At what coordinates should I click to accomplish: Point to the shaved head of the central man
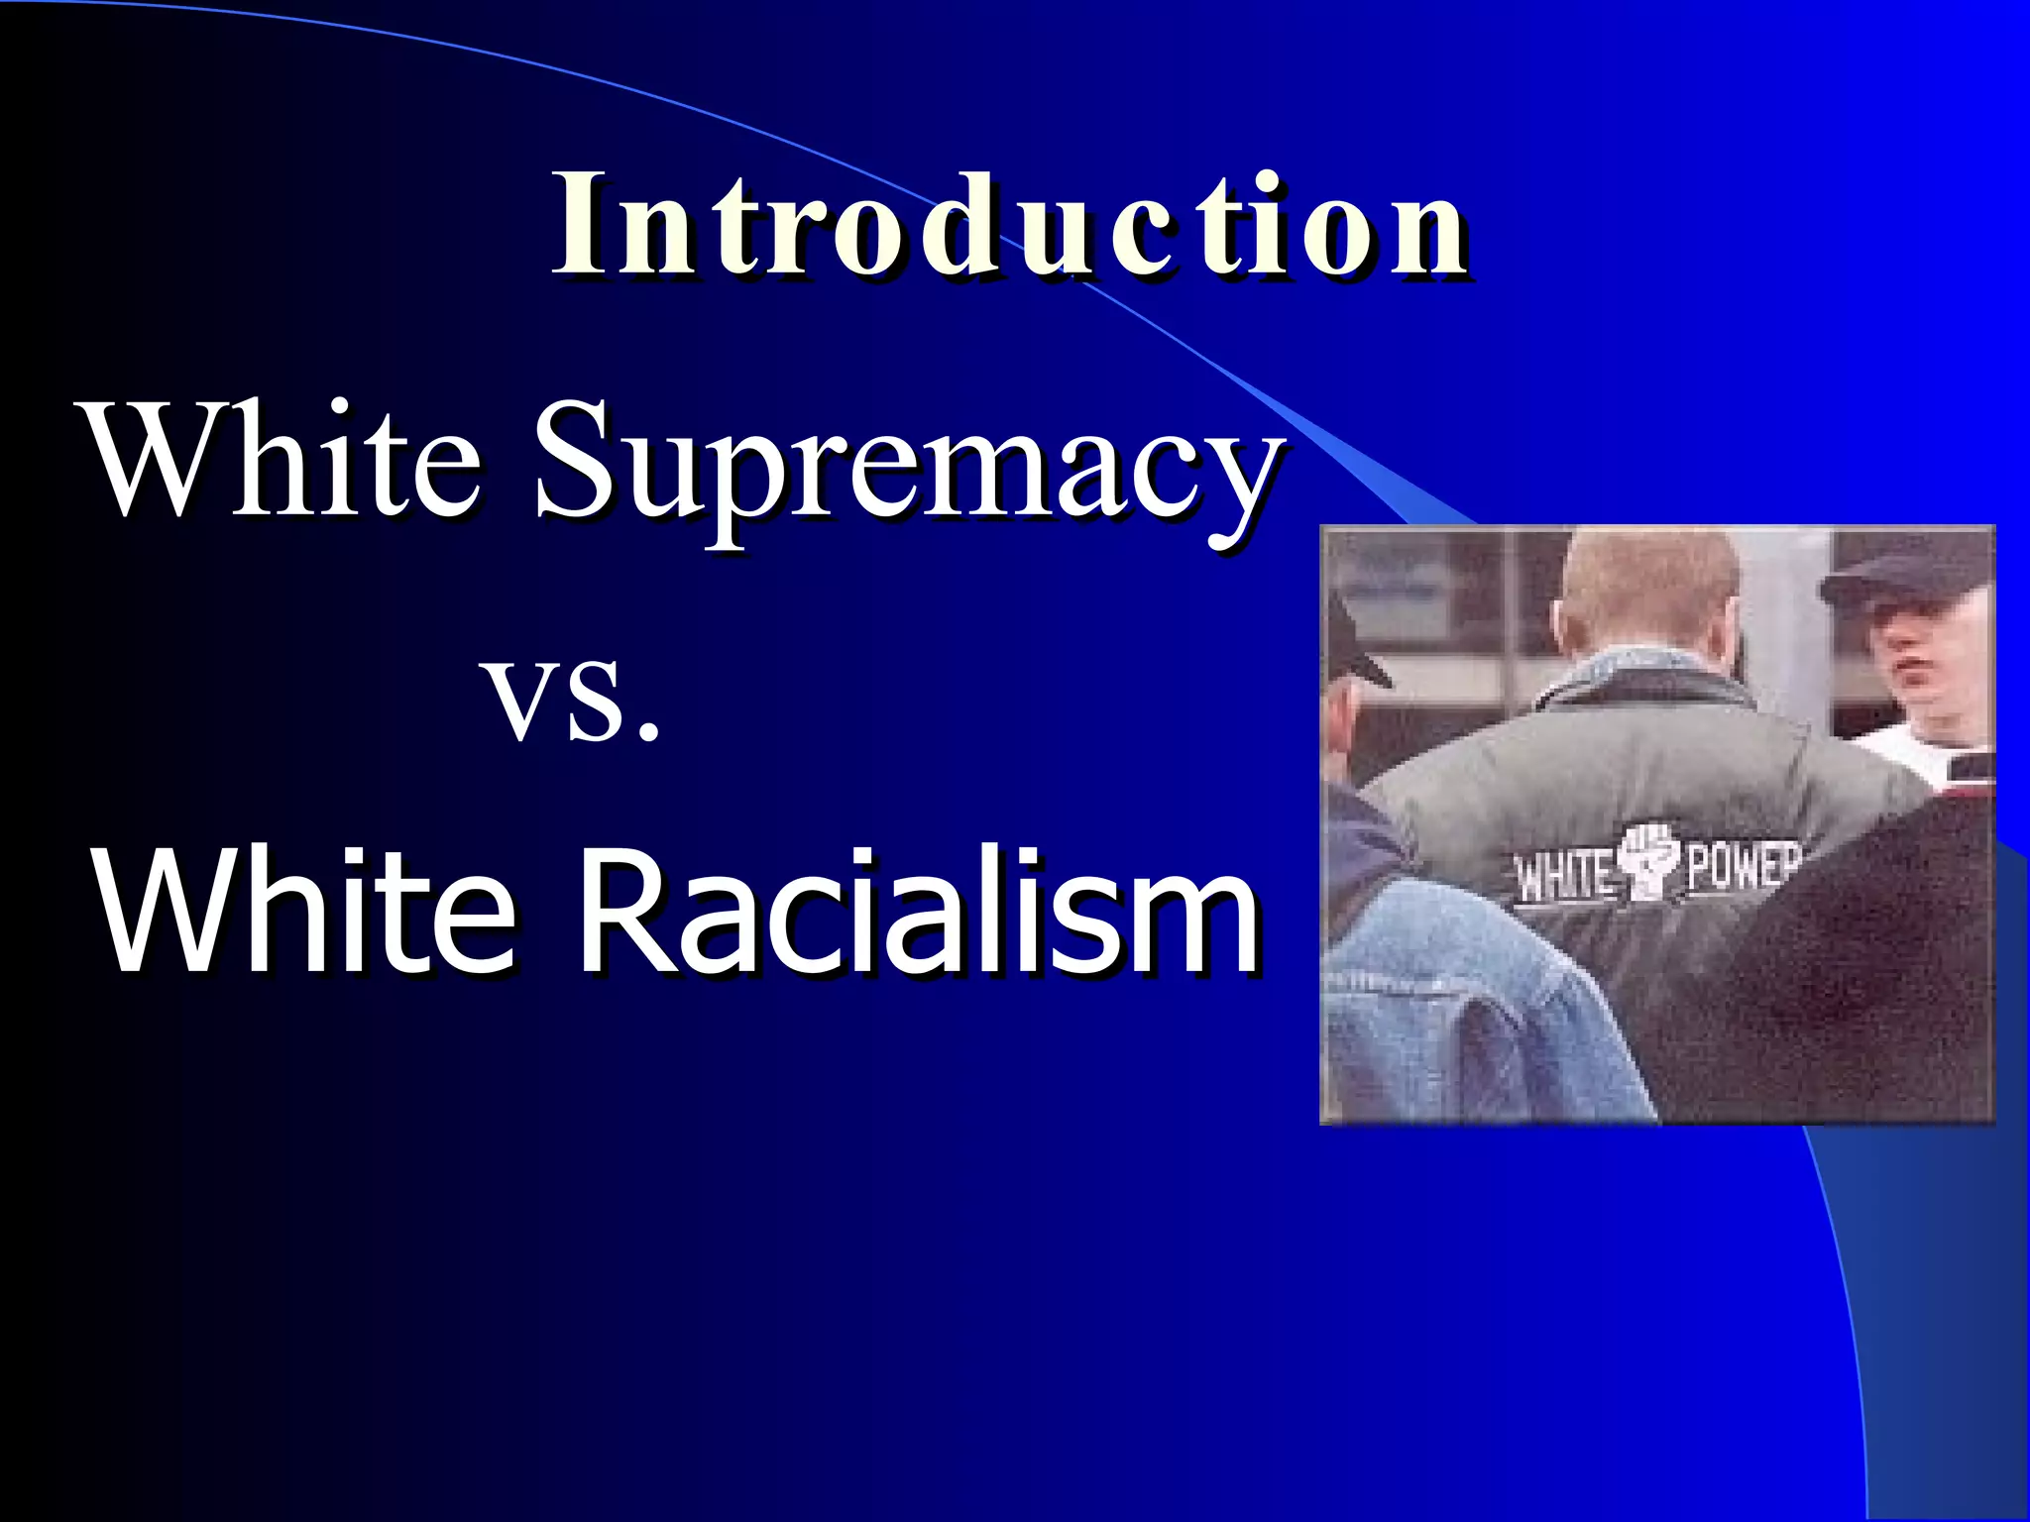pos(1650,590)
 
